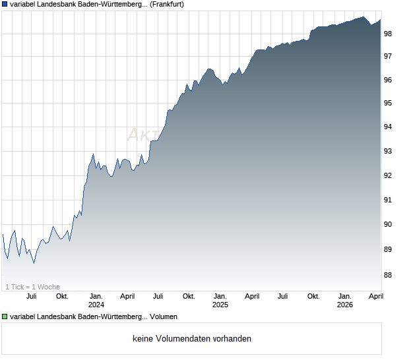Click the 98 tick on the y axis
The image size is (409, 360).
click(x=388, y=33)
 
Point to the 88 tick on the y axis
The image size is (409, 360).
click(x=388, y=275)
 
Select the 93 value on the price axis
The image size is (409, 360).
click(x=388, y=152)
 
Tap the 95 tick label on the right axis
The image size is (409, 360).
click(x=388, y=104)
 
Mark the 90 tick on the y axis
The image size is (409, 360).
click(x=388, y=225)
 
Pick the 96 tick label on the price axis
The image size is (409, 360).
click(x=388, y=80)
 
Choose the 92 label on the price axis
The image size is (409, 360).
click(x=388, y=176)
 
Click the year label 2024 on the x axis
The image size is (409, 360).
click(x=96, y=305)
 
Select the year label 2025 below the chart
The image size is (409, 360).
click(x=220, y=305)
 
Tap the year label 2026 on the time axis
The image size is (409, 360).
click(x=345, y=305)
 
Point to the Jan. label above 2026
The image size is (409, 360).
click(x=345, y=297)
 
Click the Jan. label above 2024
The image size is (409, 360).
click(x=96, y=297)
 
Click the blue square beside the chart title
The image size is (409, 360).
click(x=5, y=5)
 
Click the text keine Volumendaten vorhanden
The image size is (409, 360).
click(x=192, y=339)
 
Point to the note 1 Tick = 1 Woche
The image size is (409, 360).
click(x=32, y=287)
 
